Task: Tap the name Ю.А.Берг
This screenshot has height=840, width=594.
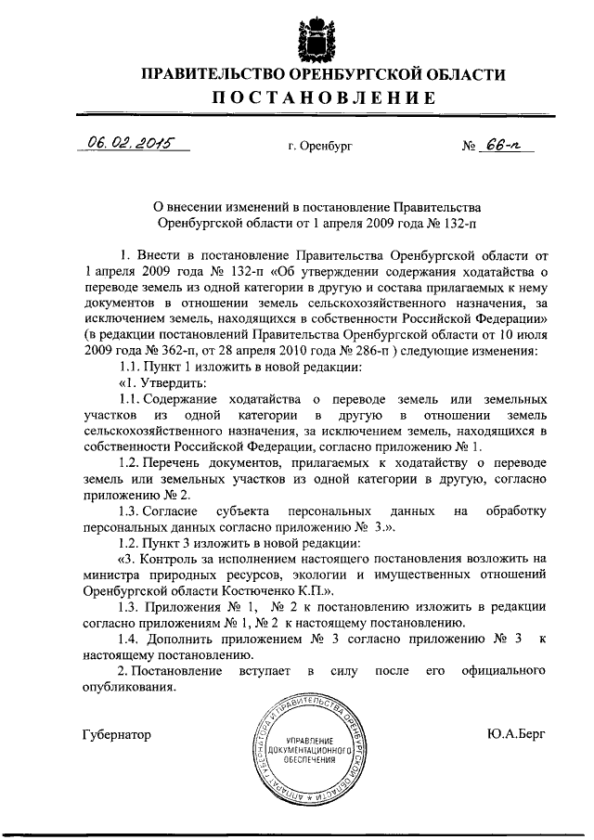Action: coord(514,733)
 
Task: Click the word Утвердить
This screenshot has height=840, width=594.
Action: coord(171,382)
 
